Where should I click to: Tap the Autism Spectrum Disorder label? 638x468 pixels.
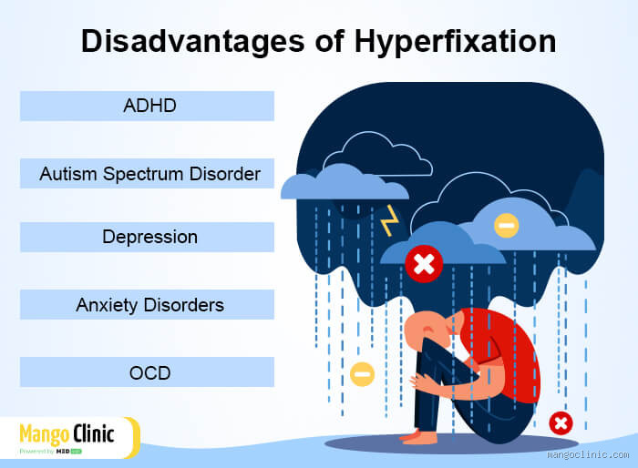149,173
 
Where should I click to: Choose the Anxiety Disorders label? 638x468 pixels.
149,304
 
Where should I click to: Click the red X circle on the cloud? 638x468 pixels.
423,264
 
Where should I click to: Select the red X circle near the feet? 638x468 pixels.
561,422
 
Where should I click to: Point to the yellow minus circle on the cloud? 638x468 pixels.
506,224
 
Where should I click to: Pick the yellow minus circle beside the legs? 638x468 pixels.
362,374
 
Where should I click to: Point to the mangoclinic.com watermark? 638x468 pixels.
588,453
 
